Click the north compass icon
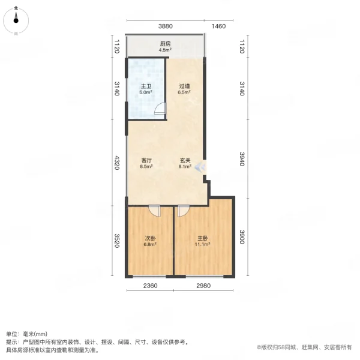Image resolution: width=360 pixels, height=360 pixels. (x=16, y=20)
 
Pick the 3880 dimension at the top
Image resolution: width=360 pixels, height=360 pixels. (x=166, y=26)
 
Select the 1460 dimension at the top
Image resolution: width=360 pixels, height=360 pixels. (x=218, y=26)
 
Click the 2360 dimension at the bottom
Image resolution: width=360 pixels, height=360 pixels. (x=150, y=286)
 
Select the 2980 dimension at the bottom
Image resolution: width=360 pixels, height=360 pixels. (x=203, y=286)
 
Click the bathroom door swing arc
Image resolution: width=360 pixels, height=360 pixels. (x=160, y=109)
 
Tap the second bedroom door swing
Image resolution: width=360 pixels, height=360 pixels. (x=155, y=211)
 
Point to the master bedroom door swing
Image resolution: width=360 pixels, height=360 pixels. (x=183, y=211)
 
